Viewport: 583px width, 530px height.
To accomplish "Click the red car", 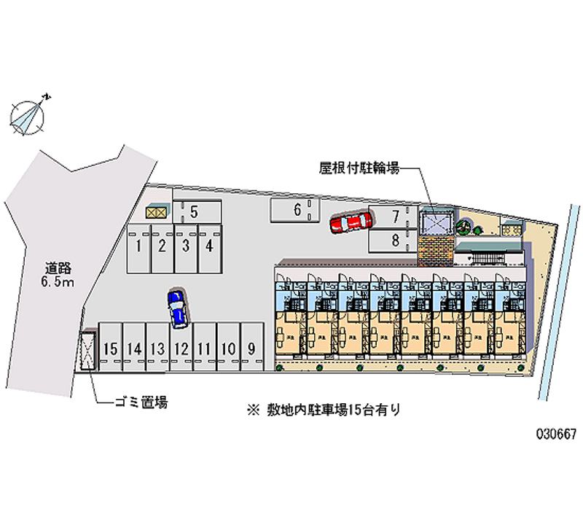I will coord(351,222).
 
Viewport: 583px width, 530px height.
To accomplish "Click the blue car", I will coord(176,308).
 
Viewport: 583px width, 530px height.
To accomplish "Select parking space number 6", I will coord(297,211).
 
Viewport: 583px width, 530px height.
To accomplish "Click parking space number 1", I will coord(138,246).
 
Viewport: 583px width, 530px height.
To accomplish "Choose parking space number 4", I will coord(209,246).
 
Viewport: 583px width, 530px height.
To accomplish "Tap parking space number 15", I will coord(110,348).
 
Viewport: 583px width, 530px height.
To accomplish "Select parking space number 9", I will coord(251,348).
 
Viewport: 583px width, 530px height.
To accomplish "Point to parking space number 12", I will coord(181,348).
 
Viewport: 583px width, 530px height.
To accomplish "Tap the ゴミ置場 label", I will coord(141,402).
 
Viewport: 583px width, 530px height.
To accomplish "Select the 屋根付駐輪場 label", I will coord(359,168).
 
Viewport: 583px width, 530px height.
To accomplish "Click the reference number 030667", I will coord(555,433).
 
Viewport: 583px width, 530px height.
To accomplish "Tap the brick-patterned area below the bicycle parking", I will coord(437,249).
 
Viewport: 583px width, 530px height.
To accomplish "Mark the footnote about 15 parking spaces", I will coord(323,410).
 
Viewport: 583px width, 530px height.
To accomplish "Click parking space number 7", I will coord(394,216).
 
